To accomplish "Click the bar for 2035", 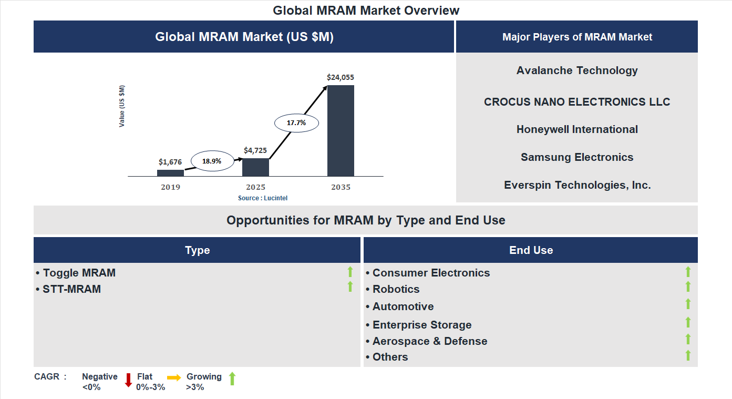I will click(341, 130).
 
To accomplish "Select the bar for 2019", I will click(170, 173).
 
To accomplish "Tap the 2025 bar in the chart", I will click(255, 167).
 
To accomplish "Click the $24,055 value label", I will click(341, 77).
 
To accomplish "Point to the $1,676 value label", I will click(170, 162).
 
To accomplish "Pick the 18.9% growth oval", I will click(212, 161).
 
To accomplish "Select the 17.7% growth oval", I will click(296, 123).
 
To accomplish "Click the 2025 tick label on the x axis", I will click(255, 187).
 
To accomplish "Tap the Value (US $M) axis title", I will click(122, 106).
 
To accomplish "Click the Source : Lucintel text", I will click(263, 198).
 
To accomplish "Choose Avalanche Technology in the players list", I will click(577, 70).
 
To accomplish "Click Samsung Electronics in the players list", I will click(577, 157).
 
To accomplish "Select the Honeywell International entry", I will click(577, 129).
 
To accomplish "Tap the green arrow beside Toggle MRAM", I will click(350, 272).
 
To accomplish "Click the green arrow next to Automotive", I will click(688, 304).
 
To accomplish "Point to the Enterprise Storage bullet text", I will click(422, 325).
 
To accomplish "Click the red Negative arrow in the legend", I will click(128, 380).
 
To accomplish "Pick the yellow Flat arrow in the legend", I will click(174, 377).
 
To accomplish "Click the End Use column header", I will click(531, 250).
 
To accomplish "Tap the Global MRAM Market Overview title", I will click(366, 11).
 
